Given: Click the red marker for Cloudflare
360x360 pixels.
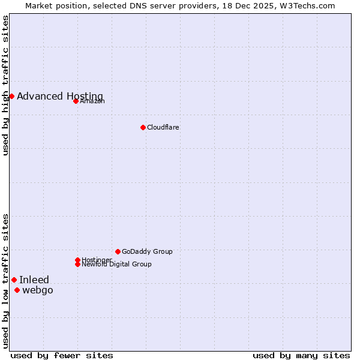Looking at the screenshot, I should (x=143, y=127).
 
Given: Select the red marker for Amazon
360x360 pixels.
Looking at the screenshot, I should (x=76, y=101).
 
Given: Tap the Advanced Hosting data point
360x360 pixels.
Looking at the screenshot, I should (x=11, y=96).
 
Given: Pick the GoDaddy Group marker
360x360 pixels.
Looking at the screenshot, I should (x=118, y=251).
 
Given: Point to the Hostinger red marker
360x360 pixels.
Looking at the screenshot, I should (x=77, y=260).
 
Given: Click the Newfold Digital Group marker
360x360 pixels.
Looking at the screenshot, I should (x=77, y=264).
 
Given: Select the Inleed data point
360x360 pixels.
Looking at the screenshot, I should (x=14, y=280).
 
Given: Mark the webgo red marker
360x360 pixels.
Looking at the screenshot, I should (x=17, y=290).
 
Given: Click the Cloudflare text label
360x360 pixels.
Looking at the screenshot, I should (x=163, y=128).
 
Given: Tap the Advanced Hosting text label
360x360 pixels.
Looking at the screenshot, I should (x=60, y=97).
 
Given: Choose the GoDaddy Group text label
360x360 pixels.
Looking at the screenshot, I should (x=147, y=252).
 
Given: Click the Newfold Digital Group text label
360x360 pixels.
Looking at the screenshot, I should (x=116, y=265).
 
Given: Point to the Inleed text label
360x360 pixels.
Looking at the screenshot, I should (x=34, y=280).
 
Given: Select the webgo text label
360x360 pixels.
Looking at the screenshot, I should (x=38, y=291).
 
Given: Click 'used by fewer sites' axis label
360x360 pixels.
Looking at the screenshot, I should (x=62, y=355).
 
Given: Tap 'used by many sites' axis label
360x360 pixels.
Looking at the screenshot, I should (x=301, y=355).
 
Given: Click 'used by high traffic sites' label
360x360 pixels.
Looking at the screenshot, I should (x=6, y=85).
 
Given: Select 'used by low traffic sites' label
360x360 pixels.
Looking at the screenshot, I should (x=6, y=281).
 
